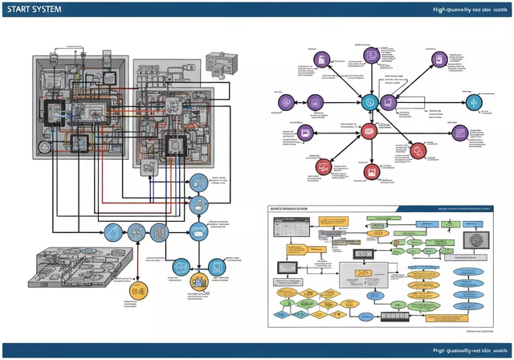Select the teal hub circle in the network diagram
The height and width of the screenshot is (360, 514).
pyautogui.click(x=369, y=101)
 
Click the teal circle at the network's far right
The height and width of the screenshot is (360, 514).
pyautogui.click(x=471, y=102)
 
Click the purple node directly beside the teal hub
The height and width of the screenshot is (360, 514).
pyautogui.click(x=388, y=101)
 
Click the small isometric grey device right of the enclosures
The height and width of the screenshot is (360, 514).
pyautogui.click(x=219, y=63)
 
